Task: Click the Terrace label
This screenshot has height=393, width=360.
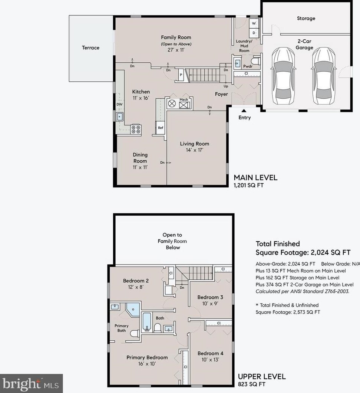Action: (x=91, y=48)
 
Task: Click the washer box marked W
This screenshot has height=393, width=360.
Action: (x=254, y=23)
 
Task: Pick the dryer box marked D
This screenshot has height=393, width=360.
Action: (x=254, y=32)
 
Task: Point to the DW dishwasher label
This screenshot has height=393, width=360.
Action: (x=119, y=105)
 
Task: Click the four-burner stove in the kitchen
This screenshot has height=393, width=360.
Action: (x=136, y=129)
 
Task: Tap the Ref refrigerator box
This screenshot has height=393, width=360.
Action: (x=161, y=128)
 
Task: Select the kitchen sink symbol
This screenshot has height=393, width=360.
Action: (x=119, y=117)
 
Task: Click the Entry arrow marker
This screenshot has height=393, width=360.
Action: (x=244, y=110)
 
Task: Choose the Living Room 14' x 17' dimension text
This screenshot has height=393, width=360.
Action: (x=195, y=150)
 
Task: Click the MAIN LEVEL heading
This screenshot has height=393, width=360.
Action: (x=255, y=178)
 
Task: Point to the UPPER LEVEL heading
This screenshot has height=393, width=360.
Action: (x=262, y=376)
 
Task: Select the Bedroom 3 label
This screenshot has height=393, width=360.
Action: (x=210, y=297)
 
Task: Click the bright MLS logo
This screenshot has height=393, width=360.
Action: (x=31, y=383)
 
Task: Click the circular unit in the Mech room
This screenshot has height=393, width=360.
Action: (x=172, y=104)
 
